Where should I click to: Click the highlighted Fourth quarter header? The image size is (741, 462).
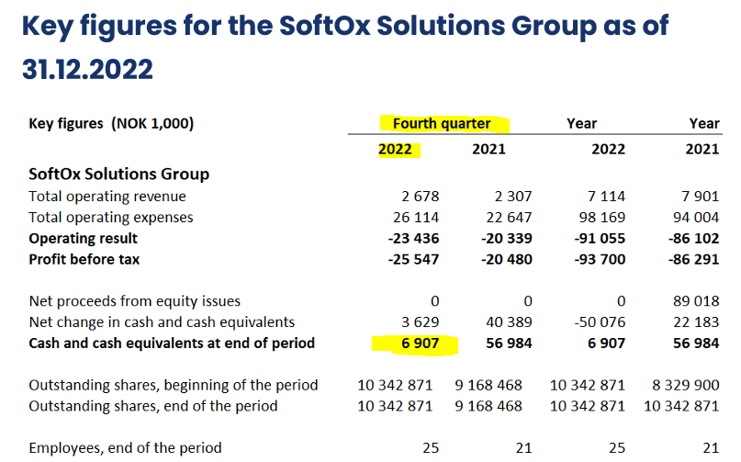pyautogui.click(x=442, y=124)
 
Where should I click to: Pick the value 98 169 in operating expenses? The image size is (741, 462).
pyautogui.click(x=601, y=218)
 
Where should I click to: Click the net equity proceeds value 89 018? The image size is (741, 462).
pyautogui.click(x=695, y=301)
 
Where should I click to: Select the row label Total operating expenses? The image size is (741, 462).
pyautogui.click(x=111, y=218)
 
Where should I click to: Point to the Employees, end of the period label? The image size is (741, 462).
pyautogui.click(x=125, y=447)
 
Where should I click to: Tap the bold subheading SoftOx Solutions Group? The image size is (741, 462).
pyautogui.click(x=119, y=175)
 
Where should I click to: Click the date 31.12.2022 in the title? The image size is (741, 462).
pyautogui.click(x=87, y=69)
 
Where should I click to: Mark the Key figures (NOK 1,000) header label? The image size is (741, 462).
pyautogui.click(x=111, y=124)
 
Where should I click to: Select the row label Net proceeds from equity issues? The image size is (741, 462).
pyautogui.click(x=134, y=301)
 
